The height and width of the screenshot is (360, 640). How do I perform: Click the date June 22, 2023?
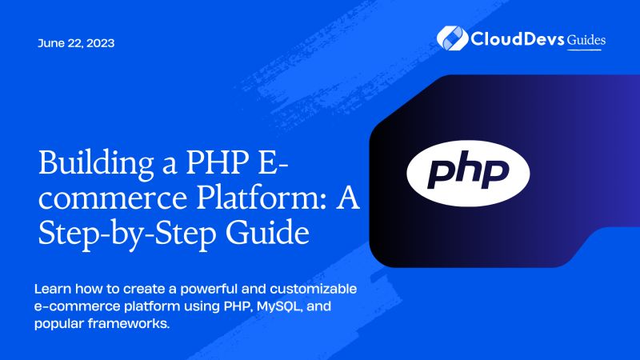pyautogui.click(x=76, y=43)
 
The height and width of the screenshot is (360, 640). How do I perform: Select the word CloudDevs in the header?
pyautogui.click(x=515, y=38)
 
